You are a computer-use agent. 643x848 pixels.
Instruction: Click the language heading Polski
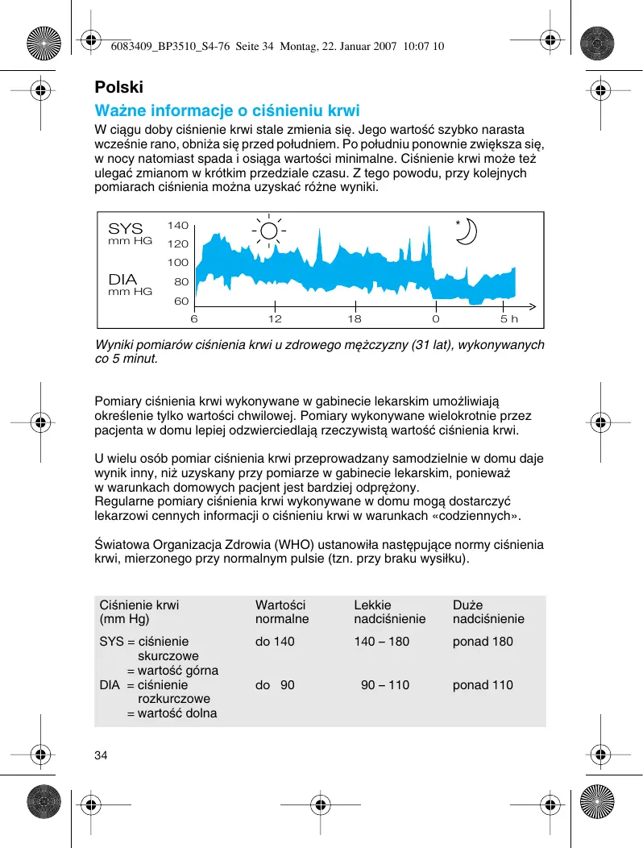(x=119, y=87)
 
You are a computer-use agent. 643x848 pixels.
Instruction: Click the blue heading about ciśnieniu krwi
(x=227, y=110)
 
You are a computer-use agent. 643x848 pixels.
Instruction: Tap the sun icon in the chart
(x=268, y=230)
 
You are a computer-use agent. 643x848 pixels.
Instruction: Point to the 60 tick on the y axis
(x=180, y=301)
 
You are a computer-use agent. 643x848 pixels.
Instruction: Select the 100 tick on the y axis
(x=177, y=263)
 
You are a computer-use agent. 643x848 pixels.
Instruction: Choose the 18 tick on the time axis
(x=355, y=318)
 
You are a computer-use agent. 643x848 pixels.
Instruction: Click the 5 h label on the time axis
(x=509, y=318)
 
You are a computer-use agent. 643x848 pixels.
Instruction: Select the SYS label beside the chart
(x=125, y=229)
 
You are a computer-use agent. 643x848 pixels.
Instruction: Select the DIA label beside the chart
(x=123, y=280)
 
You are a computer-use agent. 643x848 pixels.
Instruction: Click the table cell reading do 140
(x=275, y=642)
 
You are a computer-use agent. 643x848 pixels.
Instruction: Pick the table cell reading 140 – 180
(x=381, y=642)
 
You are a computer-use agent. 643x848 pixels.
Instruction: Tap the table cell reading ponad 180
(x=483, y=642)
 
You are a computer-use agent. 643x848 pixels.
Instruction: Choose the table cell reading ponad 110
(x=483, y=685)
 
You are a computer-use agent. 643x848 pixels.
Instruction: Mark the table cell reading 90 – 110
(x=384, y=685)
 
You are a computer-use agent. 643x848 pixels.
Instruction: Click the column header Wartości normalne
(x=282, y=612)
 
